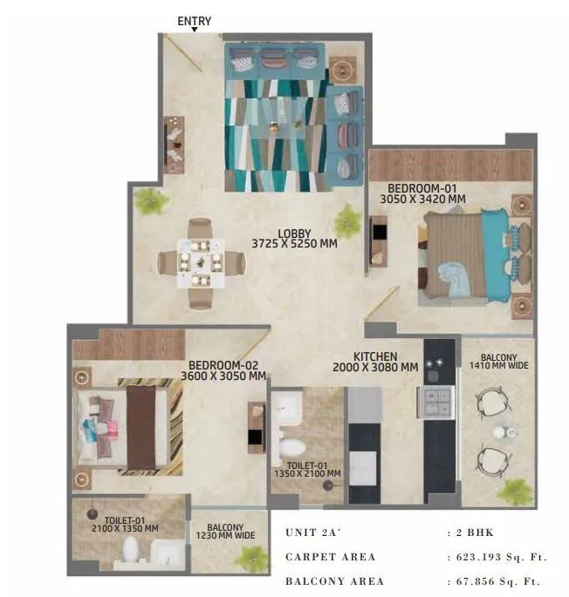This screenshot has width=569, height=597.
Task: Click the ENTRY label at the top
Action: (194, 22)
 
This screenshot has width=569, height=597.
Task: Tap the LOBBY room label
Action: (295, 233)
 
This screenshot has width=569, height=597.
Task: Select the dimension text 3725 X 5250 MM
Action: (295, 244)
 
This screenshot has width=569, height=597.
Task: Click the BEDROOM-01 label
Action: (422, 188)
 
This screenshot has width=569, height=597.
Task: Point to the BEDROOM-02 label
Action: (223, 365)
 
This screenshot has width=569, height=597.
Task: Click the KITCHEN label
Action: (375, 356)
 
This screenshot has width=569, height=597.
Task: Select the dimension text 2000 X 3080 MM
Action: (375, 368)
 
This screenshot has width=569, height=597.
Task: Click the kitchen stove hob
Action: (437, 402)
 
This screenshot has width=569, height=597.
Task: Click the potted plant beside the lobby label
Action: (349, 219)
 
